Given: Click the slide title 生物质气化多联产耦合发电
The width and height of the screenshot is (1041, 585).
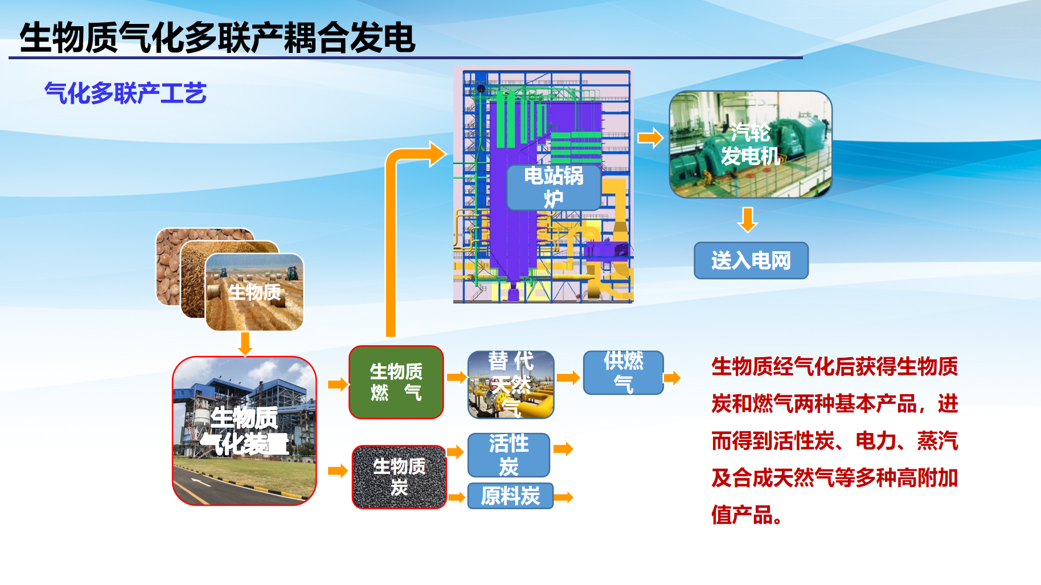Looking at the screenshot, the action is point(218,38).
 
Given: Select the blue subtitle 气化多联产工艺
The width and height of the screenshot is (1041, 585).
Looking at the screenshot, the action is point(125,93).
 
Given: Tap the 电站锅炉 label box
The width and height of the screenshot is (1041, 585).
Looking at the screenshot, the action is point(554,187).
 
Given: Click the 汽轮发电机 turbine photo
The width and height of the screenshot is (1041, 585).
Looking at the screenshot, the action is point(751,145).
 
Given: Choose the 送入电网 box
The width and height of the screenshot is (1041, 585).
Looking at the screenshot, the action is point(751,260).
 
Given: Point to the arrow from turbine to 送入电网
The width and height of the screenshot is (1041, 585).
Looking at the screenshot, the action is point(748,220).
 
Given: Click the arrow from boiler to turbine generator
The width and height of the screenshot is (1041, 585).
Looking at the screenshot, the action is point(650,138).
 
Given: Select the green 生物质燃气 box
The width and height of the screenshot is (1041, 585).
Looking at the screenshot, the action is point(396,382).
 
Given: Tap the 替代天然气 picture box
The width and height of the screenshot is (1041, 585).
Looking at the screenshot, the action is point(511,384).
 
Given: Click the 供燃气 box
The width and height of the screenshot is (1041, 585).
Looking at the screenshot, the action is point(624,373).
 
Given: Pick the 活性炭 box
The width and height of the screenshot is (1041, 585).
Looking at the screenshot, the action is point(509,455).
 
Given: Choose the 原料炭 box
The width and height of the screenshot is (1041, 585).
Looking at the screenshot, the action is point(510,496).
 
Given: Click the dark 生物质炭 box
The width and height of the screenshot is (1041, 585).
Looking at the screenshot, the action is point(399,477).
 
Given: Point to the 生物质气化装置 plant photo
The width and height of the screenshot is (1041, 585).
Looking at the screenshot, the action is point(244,431).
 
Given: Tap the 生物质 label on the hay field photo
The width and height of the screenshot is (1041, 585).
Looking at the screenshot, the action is point(255,293).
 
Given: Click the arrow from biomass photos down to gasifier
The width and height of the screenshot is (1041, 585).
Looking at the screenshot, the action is point(245,344).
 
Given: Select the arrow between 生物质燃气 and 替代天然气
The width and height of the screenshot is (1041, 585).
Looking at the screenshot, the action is point(457,377).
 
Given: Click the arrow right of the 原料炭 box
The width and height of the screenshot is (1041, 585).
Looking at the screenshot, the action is point(563,497).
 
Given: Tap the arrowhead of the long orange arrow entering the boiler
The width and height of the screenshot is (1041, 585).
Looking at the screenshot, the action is point(437,154).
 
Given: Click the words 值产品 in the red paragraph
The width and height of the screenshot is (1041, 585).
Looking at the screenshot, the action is point(742,515).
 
